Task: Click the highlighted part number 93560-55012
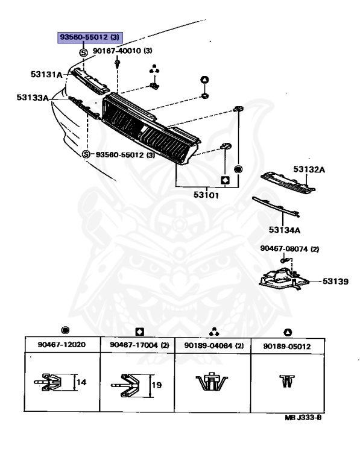pyautogui.click(x=90, y=37)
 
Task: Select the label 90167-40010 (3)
pyautogui.click(x=122, y=51)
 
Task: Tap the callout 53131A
pyautogui.click(x=46, y=74)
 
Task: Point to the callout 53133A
pyautogui.click(x=32, y=98)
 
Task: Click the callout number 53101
pyautogui.click(x=206, y=195)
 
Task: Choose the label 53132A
pyautogui.click(x=309, y=169)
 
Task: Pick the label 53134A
pyautogui.click(x=285, y=230)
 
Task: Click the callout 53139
pyautogui.click(x=335, y=282)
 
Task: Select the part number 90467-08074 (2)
pyautogui.click(x=289, y=249)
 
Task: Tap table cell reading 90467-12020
pyautogui.click(x=62, y=345)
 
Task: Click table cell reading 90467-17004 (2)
pyautogui.click(x=139, y=345)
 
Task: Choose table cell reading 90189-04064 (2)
pyautogui.click(x=214, y=345)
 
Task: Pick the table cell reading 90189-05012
pyautogui.click(x=287, y=346)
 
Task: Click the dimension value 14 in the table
pyautogui.click(x=81, y=383)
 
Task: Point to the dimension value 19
pyautogui.click(x=157, y=385)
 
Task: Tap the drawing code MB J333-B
pyautogui.click(x=303, y=418)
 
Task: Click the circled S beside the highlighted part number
pyautogui.click(x=84, y=53)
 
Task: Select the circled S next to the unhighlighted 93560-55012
pyautogui.click(x=86, y=154)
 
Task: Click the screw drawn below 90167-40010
pyautogui.click(x=118, y=64)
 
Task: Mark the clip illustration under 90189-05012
pyautogui.click(x=286, y=381)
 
